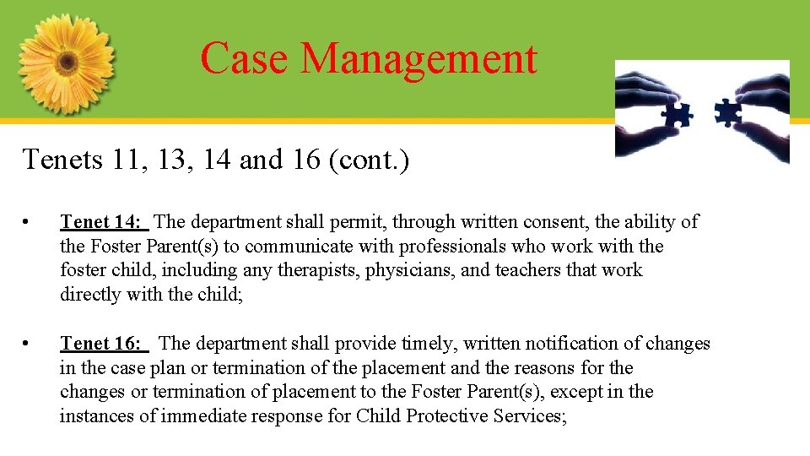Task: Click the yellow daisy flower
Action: (x=66, y=63)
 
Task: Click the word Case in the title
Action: (x=246, y=58)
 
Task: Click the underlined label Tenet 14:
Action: (x=103, y=222)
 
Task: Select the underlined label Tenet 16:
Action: (x=103, y=344)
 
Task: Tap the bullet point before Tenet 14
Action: (x=28, y=223)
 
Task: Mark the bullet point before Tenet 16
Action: (x=28, y=345)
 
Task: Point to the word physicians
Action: (x=402, y=270)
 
